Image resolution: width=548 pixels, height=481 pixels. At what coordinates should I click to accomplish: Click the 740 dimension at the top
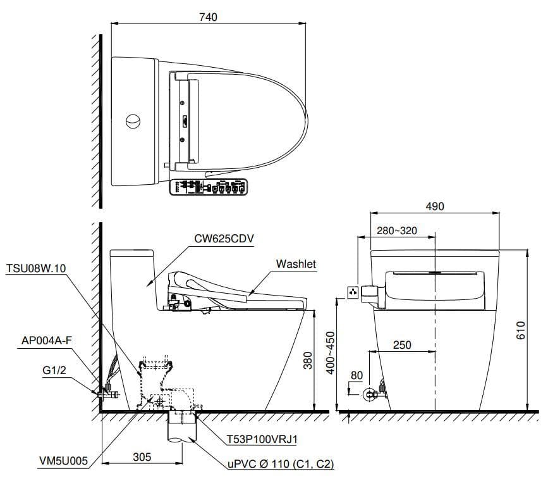tap(207, 17)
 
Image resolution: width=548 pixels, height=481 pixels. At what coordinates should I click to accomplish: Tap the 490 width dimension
tap(435, 206)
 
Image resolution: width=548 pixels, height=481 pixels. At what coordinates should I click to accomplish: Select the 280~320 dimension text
tap(397, 230)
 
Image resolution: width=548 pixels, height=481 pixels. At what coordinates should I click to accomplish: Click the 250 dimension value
tap(402, 345)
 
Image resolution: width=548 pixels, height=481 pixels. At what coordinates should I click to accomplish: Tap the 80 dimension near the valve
tap(356, 375)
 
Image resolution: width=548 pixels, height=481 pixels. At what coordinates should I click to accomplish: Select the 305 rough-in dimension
tap(142, 456)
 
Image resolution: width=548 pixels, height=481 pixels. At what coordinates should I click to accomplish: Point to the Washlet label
tap(296, 263)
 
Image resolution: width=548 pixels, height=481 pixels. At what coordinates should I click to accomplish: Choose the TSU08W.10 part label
tap(35, 267)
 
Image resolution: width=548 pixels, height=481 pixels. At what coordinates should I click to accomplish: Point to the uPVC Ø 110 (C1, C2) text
tap(280, 465)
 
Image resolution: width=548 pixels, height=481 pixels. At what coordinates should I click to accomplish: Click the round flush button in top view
tap(133, 120)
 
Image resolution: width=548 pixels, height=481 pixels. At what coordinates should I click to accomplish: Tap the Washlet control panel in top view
tap(208, 188)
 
